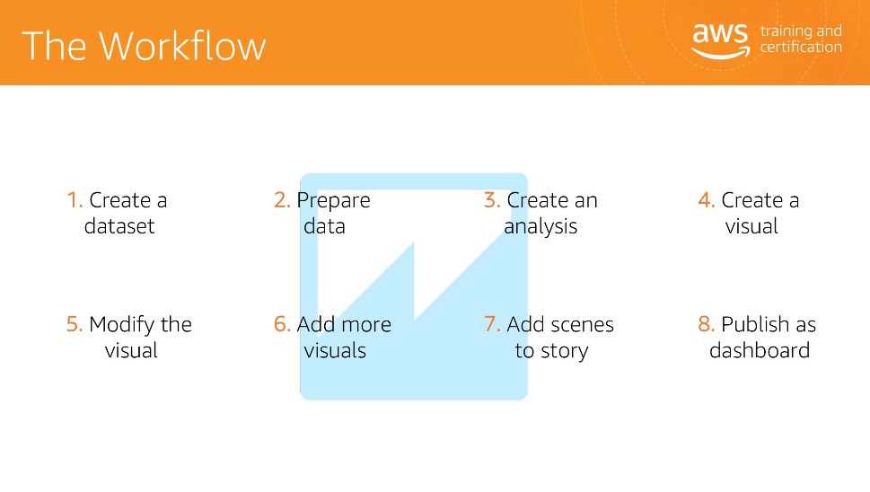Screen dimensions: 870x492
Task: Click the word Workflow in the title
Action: (x=182, y=46)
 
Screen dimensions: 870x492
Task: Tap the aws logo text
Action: (x=720, y=33)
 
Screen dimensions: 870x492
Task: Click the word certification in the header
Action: (x=801, y=48)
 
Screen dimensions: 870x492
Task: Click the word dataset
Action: (x=119, y=226)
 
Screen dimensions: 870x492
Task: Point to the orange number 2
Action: (x=282, y=200)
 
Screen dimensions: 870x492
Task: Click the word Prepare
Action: (x=333, y=201)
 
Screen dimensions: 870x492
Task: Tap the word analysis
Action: (x=540, y=227)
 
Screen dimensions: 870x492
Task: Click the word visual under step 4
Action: (x=751, y=226)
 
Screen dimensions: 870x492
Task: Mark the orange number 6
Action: (x=282, y=324)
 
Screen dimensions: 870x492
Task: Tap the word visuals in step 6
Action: (x=335, y=350)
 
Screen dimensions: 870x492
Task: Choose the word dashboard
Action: (x=760, y=350)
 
